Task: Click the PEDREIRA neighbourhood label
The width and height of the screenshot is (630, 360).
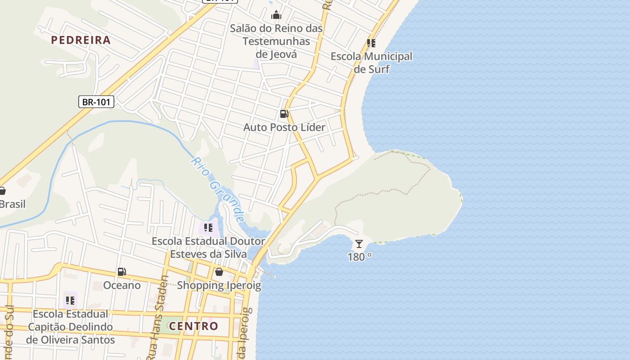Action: [81, 40]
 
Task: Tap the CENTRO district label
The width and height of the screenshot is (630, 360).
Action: [193, 326]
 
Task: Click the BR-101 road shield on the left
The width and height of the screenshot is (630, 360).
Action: [96, 102]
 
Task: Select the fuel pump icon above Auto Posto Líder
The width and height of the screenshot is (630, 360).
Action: [284, 114]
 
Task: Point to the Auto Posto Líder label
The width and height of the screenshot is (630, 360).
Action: [284, 127]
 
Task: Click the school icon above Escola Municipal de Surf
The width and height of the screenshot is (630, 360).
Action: [371, 43]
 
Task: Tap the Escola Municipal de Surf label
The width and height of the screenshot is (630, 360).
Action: [371, 63]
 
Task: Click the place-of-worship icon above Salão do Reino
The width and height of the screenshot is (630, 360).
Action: [276, 15]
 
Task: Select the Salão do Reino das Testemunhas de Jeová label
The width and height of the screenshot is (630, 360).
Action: [276, 41]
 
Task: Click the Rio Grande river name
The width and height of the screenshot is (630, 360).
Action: [218, 190]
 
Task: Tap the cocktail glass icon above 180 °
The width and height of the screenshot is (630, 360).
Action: [359, 244]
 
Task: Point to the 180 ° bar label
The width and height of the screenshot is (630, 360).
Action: [359, 257]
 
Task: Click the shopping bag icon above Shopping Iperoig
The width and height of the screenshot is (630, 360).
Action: [219, 272]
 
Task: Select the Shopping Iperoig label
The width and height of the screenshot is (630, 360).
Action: [219, 285]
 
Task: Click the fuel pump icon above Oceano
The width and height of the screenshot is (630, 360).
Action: [121, 272]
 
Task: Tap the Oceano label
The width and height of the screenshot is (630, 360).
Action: [121, 285]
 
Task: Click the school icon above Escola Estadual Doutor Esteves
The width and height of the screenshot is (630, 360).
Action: [208, 228]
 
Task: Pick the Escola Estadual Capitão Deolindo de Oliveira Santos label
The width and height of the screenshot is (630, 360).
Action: [70, 327]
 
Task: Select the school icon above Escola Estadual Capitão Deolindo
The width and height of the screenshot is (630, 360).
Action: [70, 300]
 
